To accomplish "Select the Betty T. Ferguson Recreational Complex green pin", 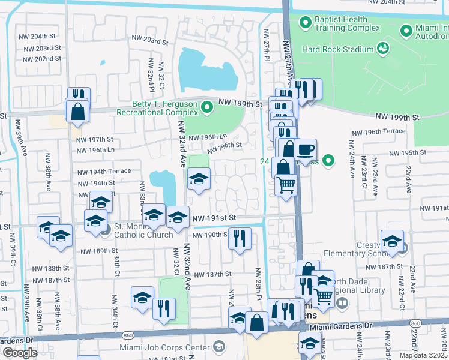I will pyautogui.click(x=207, y=108).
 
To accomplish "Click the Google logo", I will pyautogui.click(x=20, y=353).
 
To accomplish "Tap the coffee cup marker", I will pyautogui.click(x=306, y=149).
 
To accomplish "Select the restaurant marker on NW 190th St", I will pyautogui.click(x=240, y=238).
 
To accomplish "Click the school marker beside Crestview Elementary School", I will pyautogui.click(x=392, y=241).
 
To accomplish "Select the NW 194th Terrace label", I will pyautogui.click(x=104, y=171).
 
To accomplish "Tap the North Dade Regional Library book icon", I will pyautogui.click(x=341, y=303).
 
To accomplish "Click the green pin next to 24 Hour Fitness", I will pyautogui.click(x=328, y=160).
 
